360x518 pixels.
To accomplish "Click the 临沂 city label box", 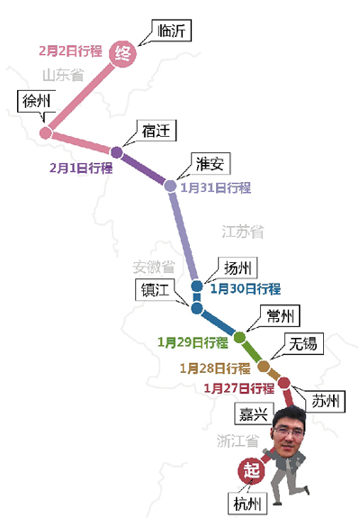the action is (x=172, y=31).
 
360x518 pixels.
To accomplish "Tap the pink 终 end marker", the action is (x=122, y=53).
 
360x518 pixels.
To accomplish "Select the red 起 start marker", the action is (x=251, y=470).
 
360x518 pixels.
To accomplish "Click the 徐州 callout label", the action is (x=36, y=101).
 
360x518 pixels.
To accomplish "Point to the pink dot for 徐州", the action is (x=46, y=132).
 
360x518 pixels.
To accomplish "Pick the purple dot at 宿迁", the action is (x=116, y=152).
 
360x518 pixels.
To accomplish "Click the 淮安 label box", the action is (x=211, y=164).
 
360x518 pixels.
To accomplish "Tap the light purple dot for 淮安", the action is (x=171, y=186).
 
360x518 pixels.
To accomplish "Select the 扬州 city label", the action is (x=238, y=268).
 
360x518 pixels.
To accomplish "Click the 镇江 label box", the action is (x=155, y=290).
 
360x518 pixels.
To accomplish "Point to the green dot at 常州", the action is (x=239, y=337).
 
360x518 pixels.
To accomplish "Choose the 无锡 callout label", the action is (x=303, y=343).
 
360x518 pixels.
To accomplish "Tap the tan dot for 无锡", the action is (x=264, y=366).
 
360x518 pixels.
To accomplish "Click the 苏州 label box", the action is (x=326, y=402).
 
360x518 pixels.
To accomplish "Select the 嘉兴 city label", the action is (x=254, y=413).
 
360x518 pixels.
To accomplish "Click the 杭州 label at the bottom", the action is (x=247, y=504).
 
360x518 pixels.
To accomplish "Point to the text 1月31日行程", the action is (x=216, y=187).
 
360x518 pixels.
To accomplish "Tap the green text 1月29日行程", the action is (x=193, y=342).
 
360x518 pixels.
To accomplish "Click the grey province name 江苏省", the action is (x=243, y=232).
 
